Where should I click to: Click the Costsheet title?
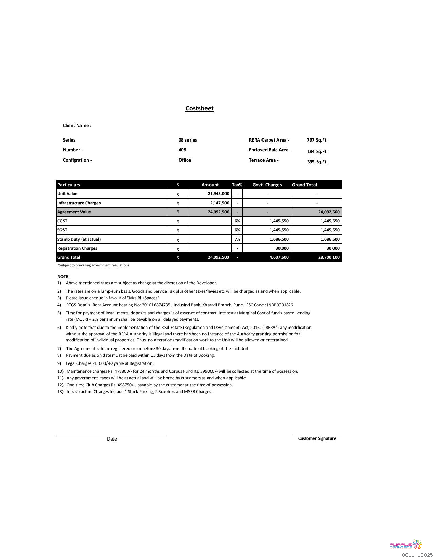pyautogui.click(x=199, y=108)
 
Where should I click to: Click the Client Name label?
pyautogui.click(x=77, y=126)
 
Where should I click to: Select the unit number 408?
pyautogui.click(x=182, y=150)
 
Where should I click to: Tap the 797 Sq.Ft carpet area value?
pyautogui.click(x=317, y=140)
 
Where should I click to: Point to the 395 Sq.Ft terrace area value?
pyautogui.click(x=317, y=162)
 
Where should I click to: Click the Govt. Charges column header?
pyautogui.click(x=267, y=185)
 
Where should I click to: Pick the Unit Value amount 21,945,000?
pyautogui.click(x=218, y=194)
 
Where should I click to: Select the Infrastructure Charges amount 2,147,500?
pyautogui.click(x=219, y=203)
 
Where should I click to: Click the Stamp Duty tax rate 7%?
pyautogui.click(x=237, y=239)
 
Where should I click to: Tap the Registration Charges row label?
pyautogui.click(x=77, y=248)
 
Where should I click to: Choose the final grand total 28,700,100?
pyautogui.click(x=329, y=257)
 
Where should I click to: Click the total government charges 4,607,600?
pyautogui.click(x=279, y=257)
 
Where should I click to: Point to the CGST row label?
pyautogui.click(x=62, y=221)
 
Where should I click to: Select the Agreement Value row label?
pyautogui.click(x=74, y=212)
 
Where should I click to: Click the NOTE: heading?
pyautogui.click(x=63, y=277)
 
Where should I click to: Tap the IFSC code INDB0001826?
pyautogui.click(x=280, y=305)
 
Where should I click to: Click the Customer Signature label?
pyautogui.click(x=317, y=438)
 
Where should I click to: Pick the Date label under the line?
pyautogui.click(x=112, y=439)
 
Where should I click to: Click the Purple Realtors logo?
pyautogui.click(x=405, y=545)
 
